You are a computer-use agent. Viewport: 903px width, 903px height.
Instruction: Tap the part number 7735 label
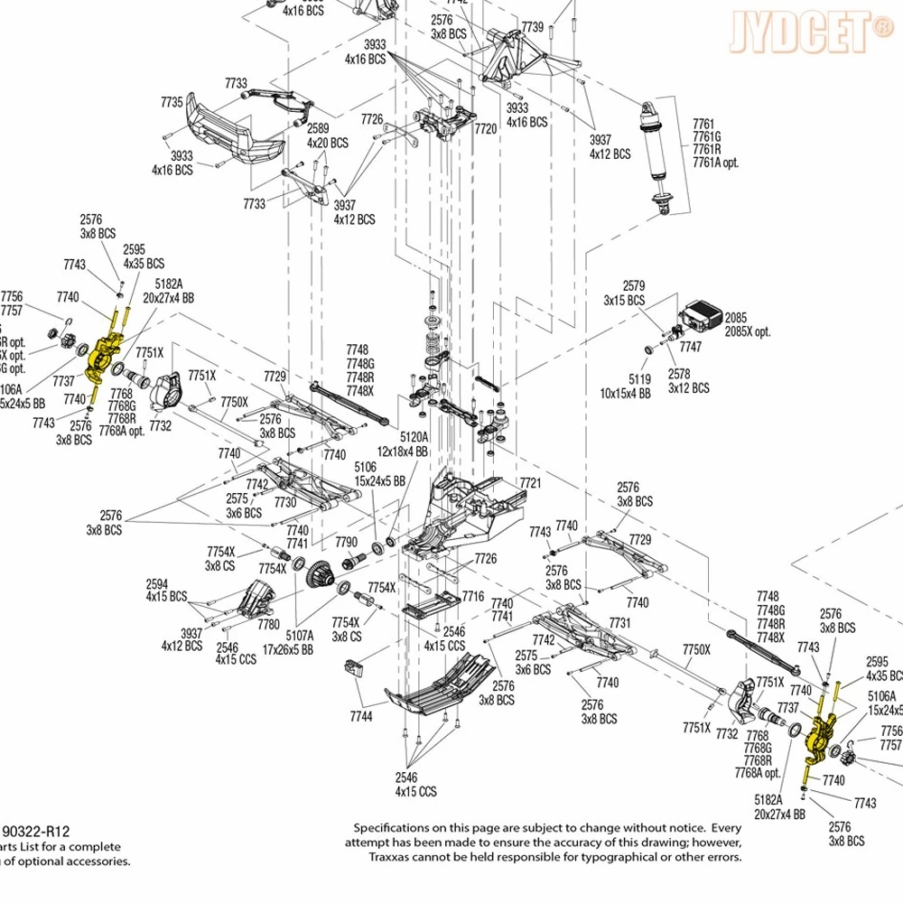(172, 103)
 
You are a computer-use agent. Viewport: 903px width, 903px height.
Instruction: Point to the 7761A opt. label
(715, 162)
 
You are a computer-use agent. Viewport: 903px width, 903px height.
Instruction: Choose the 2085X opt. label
(748, 331)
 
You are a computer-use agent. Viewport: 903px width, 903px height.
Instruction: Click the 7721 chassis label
(530, 484)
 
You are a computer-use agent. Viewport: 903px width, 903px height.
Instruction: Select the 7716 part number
(473, 597)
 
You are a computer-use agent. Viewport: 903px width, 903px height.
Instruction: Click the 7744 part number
(360, 716)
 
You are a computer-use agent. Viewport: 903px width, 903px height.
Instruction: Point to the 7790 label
(346, 542)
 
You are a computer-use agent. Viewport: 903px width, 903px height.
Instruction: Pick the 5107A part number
(301, 635)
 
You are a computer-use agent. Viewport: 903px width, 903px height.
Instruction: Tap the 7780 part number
(268, 624)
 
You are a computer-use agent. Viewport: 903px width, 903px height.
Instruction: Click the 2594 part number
(157, 584)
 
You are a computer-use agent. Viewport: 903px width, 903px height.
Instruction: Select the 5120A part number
(414, 436)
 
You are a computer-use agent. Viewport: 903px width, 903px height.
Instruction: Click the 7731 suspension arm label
(619, 623)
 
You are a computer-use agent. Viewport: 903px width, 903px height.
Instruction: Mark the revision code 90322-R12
(38, 831)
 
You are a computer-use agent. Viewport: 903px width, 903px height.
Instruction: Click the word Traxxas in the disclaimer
(390, 857)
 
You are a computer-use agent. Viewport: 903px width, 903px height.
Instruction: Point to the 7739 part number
(533, 28)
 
